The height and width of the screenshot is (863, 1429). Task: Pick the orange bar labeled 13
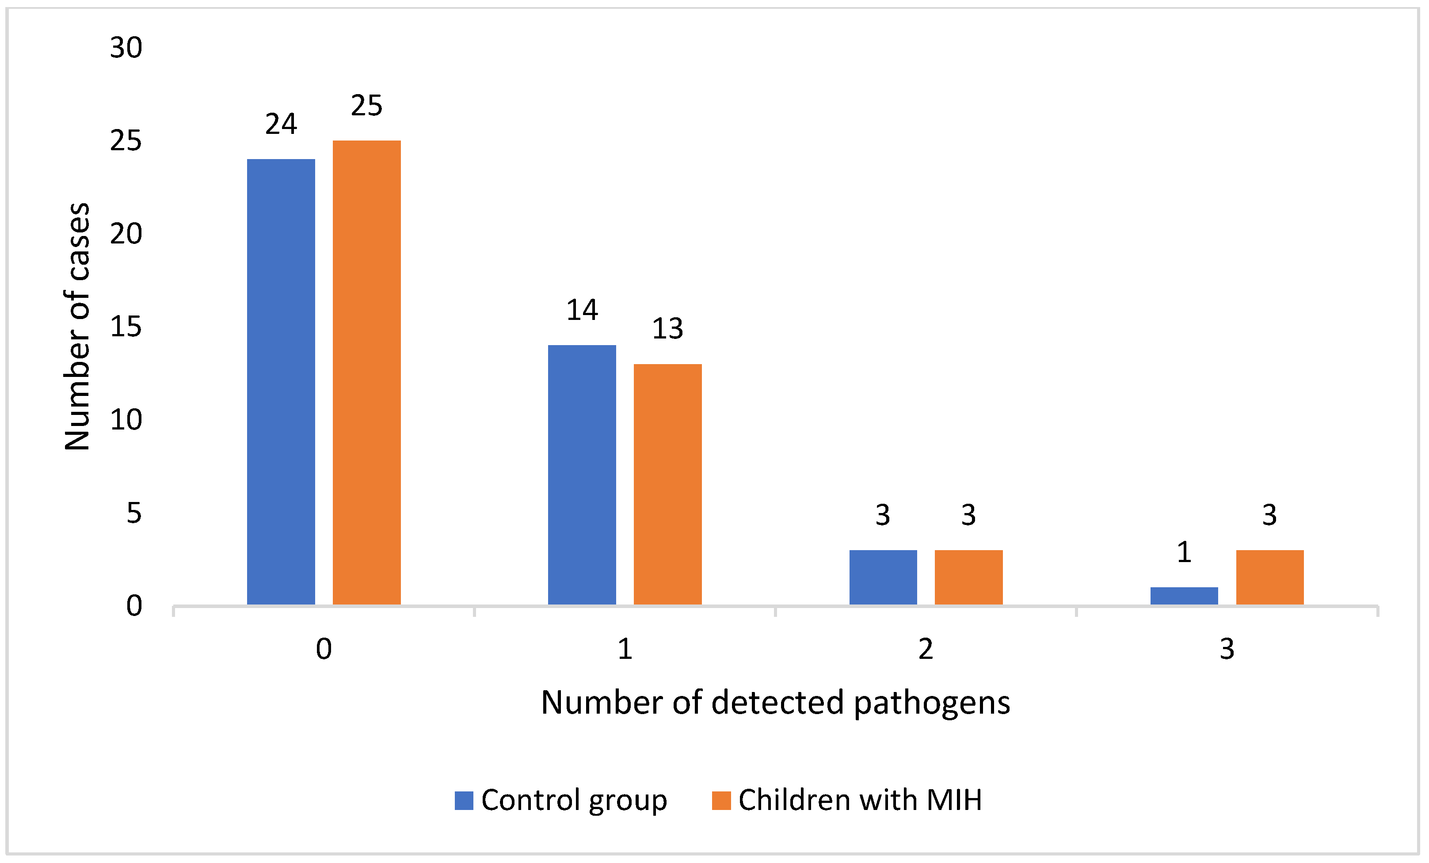[667, 484]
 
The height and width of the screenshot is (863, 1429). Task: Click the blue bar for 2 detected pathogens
[883, 577]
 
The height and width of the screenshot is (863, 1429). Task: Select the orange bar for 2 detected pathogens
[968, 577]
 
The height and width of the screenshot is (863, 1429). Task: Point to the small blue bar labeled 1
[1184, 596]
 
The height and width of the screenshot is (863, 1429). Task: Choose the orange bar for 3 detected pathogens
[1269, 577]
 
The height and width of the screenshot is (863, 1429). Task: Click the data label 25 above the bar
[366, 106]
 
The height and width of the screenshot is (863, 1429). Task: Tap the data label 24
[281, 124]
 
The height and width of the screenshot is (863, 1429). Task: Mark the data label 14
[582, 310]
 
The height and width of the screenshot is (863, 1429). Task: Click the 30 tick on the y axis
[126, 48]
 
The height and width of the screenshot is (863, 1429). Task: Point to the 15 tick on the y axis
[126, 327]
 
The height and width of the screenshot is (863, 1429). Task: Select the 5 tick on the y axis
[134, 513]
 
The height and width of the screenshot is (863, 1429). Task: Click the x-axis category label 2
[926, 649]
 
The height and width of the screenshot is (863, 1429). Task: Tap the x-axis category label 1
[625, 649]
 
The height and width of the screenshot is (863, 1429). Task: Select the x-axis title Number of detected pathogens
[775, 703]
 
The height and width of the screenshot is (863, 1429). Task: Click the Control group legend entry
[561, 800]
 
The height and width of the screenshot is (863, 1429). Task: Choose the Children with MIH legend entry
[847, 800]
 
